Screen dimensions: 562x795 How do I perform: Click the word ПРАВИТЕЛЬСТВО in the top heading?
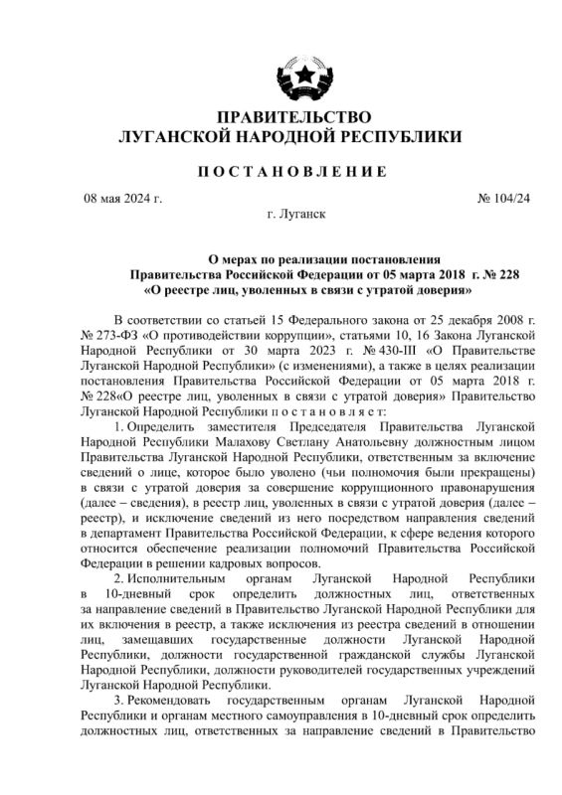click(x=280, y=116)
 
